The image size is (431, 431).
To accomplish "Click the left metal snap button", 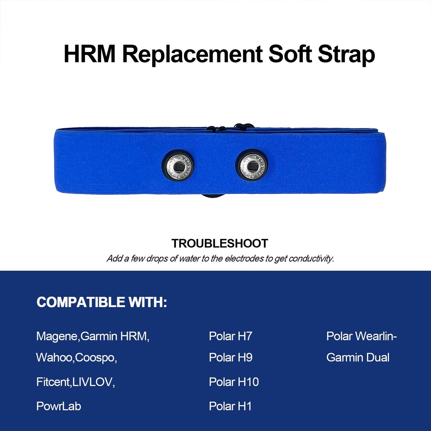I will pos(178,166).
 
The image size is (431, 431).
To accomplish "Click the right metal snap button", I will pos(252,166).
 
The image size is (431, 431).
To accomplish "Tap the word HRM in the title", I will pos(89,54).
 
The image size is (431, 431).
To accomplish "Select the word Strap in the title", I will pos(346,55).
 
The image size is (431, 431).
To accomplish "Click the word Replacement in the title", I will pos(192,55).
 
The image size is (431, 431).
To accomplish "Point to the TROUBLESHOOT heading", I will pos(220,244).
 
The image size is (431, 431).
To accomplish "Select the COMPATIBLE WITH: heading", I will pos(102,302).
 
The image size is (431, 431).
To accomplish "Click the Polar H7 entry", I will pos(231,336).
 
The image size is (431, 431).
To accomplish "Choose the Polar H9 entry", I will pos(231,357).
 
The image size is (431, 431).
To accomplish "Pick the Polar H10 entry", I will pos(234,382).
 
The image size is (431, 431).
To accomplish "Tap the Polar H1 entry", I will pos(230,406).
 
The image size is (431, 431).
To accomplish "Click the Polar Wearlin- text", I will pos(361,336).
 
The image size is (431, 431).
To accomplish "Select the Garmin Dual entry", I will pos(358,357).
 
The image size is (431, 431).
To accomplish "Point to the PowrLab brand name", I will pos(59,406).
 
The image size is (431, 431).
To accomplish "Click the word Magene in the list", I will pos(57,337).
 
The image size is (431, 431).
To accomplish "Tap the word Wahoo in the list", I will pos(54,358).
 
